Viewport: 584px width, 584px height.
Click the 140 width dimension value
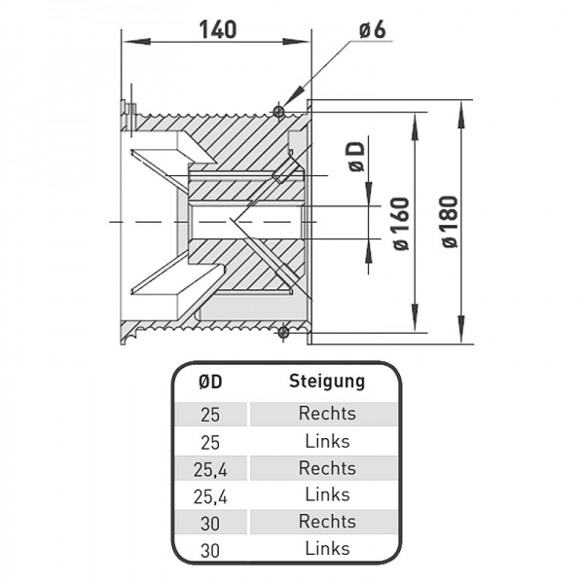(x=216, y=29)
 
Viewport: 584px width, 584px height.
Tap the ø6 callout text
(x=372, y=29)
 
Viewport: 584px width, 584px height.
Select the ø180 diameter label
(x=450, y=223)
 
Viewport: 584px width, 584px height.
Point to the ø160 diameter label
(x=403, y=223)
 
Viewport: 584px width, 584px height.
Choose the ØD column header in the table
(x=210, y=381)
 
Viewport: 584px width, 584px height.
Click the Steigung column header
(x=327, y=381)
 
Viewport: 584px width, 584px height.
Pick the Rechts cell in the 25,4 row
(x=327, y=468)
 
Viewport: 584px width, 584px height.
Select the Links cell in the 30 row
(x=327, y=549)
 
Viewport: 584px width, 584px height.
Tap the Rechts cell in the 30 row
(x=327, y=522)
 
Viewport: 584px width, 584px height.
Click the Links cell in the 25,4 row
(x=327, y=495)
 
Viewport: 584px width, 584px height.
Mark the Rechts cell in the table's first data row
(x=327, y=414)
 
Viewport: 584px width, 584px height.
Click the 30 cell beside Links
(x=210, y=549)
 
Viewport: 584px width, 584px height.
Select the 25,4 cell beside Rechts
(x=210, y=468)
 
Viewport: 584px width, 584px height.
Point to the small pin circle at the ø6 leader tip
(x=281, y=111)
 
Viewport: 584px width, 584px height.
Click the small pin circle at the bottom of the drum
(x=282, y=333)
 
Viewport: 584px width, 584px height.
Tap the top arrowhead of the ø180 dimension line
(x=461, y=106)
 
